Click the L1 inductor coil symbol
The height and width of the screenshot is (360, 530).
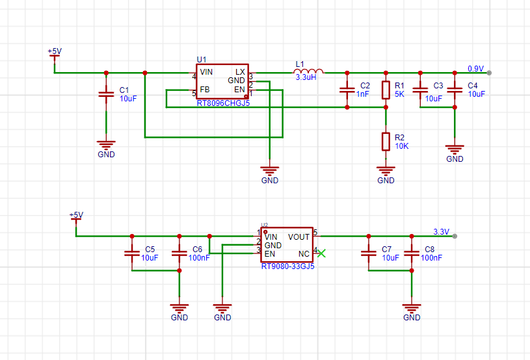[308, 71]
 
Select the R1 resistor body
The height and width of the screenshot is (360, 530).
[386, 90]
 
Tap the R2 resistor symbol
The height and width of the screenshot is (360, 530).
[386, 142]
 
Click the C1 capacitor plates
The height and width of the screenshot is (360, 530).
[106, 94]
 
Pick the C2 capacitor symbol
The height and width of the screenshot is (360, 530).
[347, 90]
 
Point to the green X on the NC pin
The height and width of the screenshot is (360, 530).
[321, 253]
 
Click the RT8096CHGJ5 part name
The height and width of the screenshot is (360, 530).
[223, 103]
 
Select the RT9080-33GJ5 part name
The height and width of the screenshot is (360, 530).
[287, 266]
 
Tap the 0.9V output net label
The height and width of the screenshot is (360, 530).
[475, 68]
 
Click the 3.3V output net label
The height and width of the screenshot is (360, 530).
[441, 232]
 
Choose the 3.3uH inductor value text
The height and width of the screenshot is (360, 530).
[306, 77]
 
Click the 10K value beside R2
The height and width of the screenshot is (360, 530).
[401, 146]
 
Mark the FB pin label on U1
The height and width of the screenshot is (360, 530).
[205, 90]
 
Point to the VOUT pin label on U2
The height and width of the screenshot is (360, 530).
[298, 237]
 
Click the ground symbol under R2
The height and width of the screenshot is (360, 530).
[386, 171]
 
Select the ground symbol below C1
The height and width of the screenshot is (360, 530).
[106, 145]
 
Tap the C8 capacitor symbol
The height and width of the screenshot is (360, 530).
[412, 253]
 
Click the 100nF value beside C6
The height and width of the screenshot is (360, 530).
[199, 258]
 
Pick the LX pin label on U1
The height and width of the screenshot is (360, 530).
[240, 72]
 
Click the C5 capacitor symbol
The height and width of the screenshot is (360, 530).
[132, 253]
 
